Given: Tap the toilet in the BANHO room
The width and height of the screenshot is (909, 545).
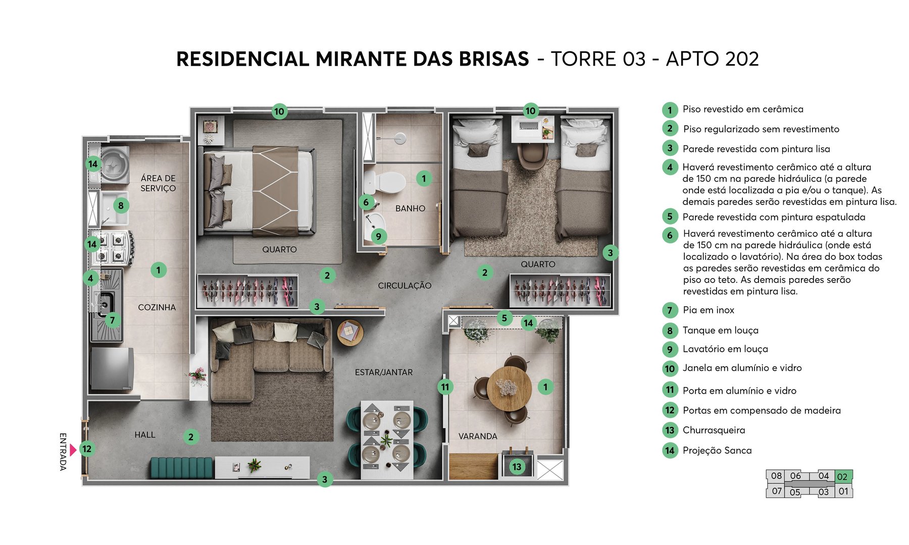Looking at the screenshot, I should coord(388,182).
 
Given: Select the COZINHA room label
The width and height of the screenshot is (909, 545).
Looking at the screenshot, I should coord(157,307).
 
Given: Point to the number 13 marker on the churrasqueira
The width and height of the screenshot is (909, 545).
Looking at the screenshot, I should coord(517,467).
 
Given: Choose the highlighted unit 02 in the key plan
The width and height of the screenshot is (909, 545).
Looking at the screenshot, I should coord(842,476).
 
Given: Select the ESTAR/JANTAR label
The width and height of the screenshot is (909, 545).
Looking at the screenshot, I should coord(384,372).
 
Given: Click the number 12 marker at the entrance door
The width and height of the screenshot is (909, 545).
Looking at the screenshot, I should coord(87,449).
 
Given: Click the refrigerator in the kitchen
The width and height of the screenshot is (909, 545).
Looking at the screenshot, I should coord(112,369).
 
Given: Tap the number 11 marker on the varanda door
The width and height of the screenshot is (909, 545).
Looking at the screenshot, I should coord(445,387).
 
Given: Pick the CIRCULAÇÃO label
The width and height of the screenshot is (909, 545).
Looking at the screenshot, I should coord(405,286).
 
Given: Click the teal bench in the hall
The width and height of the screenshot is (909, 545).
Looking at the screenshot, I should coord(182,467).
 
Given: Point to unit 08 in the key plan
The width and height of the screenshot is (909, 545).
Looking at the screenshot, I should coord(776,476).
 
